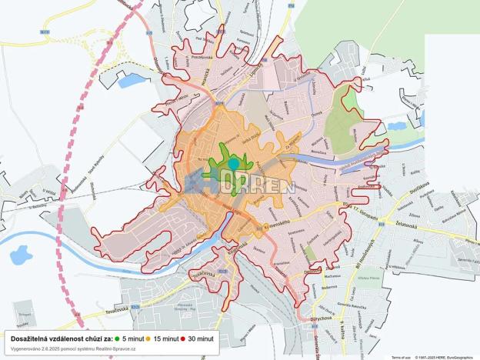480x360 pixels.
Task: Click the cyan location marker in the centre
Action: pos(233,164)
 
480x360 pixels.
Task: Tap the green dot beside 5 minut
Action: pos(117,338)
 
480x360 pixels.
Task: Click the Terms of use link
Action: pos(400,357)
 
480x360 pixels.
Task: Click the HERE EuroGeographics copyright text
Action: pos(447,357)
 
